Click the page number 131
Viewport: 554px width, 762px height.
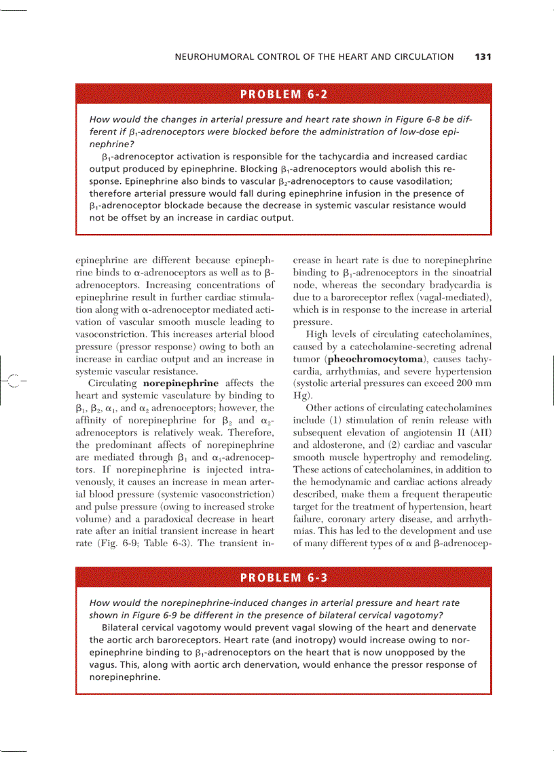tap(483, 57)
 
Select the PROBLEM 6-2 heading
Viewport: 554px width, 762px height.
tap(284, 94)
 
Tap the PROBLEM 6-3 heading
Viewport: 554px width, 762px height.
tap(284, 578)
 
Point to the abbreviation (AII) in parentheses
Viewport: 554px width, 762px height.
tap(479, 433)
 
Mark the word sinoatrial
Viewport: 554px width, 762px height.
tap(468, 273)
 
